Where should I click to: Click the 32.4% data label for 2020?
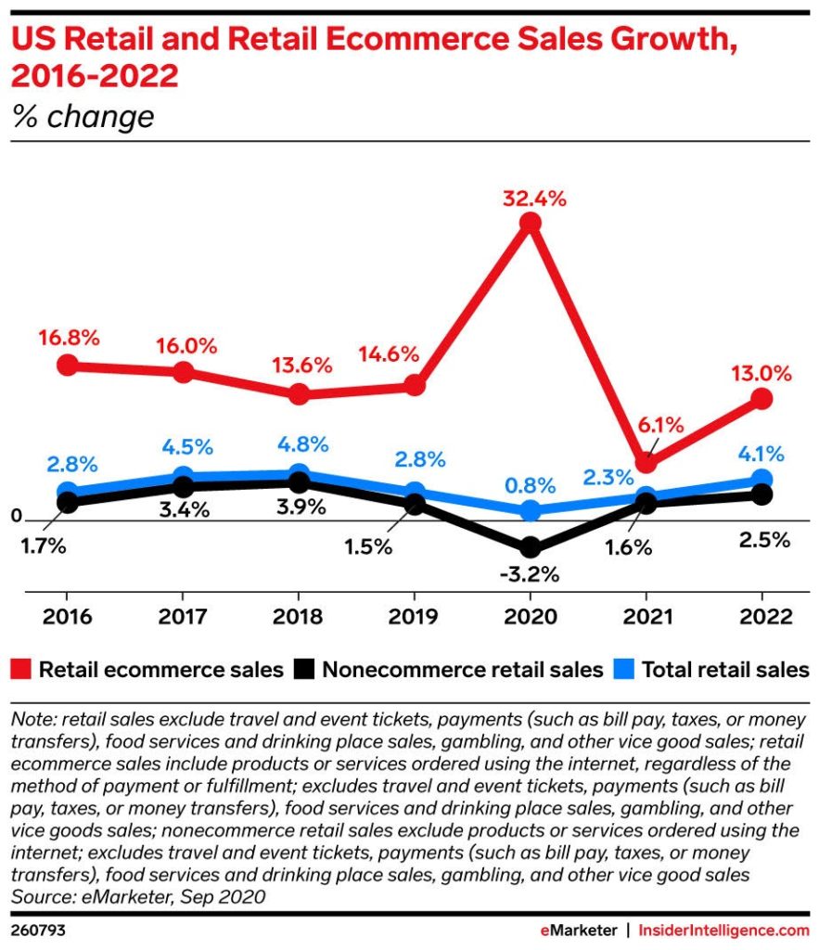(x=530, y=198)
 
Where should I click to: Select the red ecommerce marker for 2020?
(x=530, y=224)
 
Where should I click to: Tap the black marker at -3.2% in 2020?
(x=530, y=547)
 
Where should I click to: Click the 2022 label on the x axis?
(x=761, y=617)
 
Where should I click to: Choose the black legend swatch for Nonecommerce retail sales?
(x=303, y=669)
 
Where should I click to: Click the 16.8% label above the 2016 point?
(x=68, y=337)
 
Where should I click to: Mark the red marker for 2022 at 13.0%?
(x=761, y=399)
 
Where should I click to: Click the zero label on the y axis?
(x=16, y=516)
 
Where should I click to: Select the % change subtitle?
(x=83, y=117)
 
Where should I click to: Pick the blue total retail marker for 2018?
(x=298, y=474)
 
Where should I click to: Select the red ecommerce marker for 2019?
(x=414, y=386)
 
